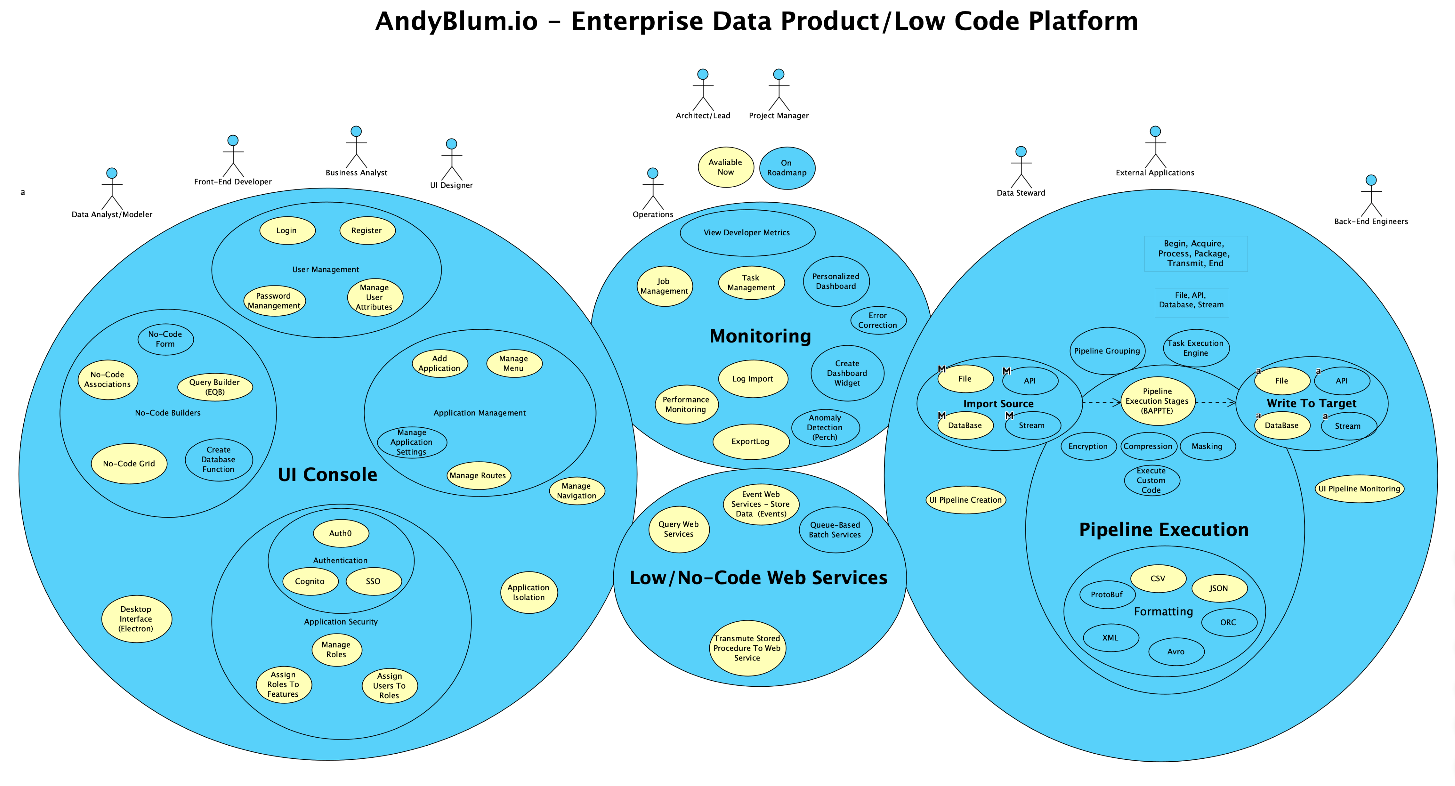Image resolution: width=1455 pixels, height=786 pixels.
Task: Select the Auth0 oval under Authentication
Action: click(x=340, y=533)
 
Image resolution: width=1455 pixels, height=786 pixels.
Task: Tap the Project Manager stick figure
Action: click(x=778, y=90)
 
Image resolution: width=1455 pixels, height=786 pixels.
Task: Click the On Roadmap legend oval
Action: click(x=787, y=168)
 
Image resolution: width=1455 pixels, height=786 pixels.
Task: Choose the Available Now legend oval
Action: click(x=726, y=167)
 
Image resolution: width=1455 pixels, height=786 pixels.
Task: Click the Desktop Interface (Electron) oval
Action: click(x=136, y=619)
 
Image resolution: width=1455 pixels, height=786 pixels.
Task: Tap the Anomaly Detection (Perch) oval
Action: click(x=825, y=427)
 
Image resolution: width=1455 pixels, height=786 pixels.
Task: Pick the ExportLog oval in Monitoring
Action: click(x=751, y=442)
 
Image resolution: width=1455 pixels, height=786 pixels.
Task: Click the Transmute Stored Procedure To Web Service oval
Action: click(x=747, y=648)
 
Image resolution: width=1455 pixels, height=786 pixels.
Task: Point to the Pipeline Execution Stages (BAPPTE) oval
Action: click(x=1157, y=401)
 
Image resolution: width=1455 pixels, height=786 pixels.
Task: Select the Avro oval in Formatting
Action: click(x=1176, y=652)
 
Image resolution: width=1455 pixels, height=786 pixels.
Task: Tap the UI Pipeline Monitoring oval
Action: click(x=1359, y=489)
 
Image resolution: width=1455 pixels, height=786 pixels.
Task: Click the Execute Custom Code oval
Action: click(x=1151, y=480)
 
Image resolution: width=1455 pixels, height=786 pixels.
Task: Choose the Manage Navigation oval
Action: click(x=577, y=491)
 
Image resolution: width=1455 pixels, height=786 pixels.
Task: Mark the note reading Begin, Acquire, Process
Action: click(x=1195, y=254)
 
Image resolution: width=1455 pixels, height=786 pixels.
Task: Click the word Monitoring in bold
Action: click(x=760, y=336)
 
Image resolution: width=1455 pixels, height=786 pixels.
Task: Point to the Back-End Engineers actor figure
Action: click(x=1371, y=196)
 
